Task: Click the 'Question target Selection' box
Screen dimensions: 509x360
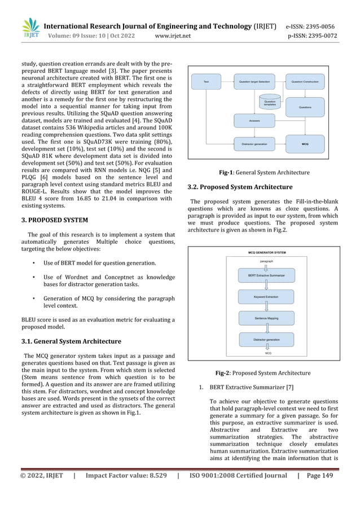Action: pos(255,82)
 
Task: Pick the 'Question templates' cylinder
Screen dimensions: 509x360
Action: pos(270,102)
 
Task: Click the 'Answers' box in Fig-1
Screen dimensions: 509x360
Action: pos(255,120)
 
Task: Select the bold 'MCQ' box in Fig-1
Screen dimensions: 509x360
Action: pos(305,144)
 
